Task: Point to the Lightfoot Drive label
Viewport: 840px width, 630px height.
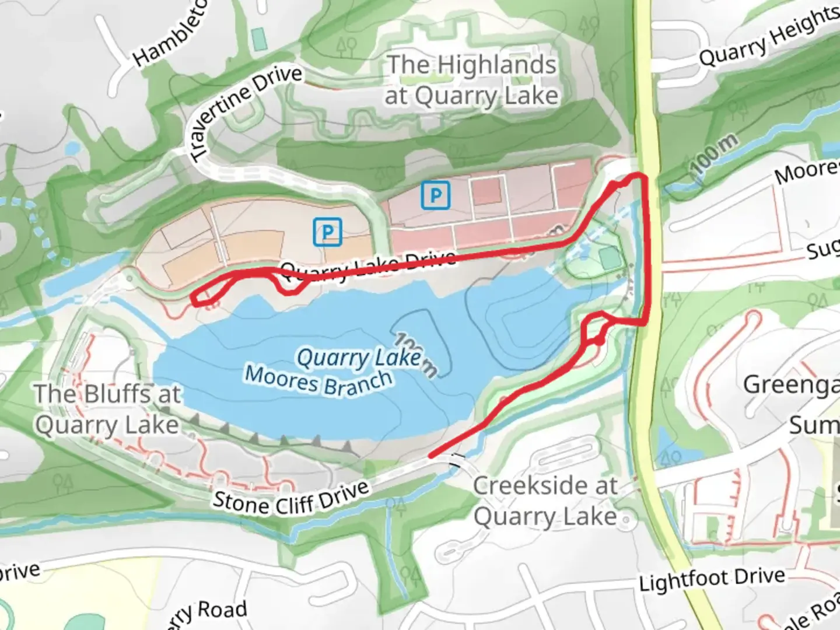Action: point(712,579)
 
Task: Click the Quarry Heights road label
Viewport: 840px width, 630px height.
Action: point(769,38)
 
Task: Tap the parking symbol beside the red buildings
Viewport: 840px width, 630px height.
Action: point(435,195)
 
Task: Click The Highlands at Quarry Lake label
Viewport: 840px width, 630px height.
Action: point(471,80)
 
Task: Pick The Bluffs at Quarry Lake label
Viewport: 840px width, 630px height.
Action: point(107,409)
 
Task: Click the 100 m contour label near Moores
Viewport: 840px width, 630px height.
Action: point(713,153)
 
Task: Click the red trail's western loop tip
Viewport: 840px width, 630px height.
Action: point(194,298)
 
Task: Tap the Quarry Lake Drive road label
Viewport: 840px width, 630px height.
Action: point(367,265)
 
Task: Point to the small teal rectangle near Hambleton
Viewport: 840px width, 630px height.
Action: point(258,38)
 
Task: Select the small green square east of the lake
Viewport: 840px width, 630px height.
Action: point(608,258)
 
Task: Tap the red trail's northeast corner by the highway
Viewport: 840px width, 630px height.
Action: point(643,176)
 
